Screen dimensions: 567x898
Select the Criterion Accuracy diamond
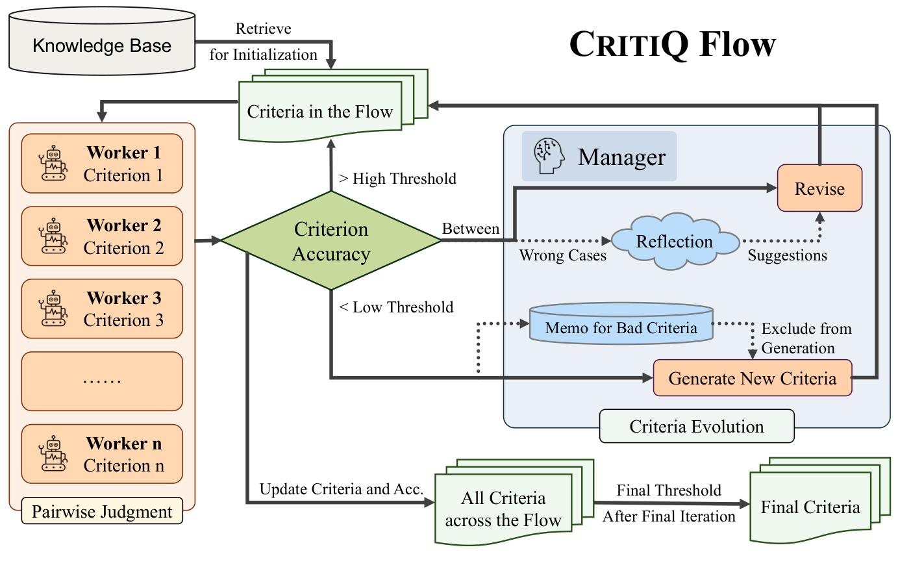(x=331, y=241)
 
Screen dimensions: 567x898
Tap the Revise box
(x=819, y=188)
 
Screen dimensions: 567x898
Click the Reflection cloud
(x=675, y=242)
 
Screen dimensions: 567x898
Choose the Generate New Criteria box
(x=752, y=378)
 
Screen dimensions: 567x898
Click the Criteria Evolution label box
(x=696, y=427)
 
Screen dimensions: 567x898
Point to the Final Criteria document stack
(x=812, y=506)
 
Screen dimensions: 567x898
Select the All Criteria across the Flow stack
(x=505, y=509)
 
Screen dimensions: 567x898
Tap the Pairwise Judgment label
(x=102, y=512)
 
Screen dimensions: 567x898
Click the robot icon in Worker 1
(x=53, y=163)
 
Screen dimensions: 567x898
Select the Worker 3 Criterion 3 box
(x=102, y=309)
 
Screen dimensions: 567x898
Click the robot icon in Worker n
(x=53, y=454)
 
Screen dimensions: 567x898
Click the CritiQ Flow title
(x=672, y=44)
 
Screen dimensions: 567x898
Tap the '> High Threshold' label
(x=397, y=179)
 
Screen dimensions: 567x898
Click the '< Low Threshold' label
(x=396, y=307)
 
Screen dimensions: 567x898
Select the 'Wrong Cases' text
(x=562, y=256)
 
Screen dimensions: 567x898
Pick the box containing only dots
(x=102, y=381)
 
